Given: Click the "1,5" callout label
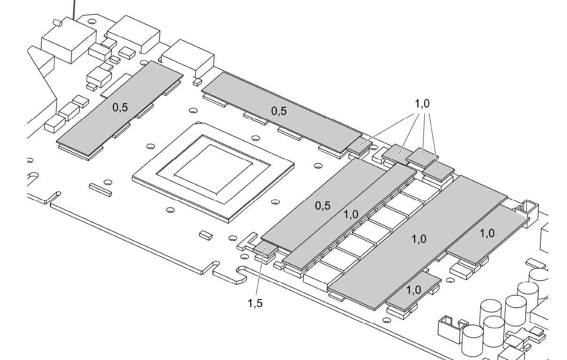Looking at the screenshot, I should point(255,303).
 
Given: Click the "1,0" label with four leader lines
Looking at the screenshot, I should point(422,104).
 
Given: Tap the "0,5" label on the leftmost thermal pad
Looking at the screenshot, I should point(120,107).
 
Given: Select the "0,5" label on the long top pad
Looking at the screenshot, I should point(279,111).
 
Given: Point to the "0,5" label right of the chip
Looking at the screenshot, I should point(323,206).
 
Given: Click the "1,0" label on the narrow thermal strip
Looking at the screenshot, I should point(351,214).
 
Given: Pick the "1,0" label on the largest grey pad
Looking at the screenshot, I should point(419,239).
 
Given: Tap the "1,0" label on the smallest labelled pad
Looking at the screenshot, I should point(413,290).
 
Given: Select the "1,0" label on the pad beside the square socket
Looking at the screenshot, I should point(487,233).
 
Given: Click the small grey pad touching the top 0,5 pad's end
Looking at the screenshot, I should point(359,145).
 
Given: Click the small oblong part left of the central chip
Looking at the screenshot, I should point(99,188).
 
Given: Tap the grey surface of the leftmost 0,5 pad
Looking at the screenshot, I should point(103,122).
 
